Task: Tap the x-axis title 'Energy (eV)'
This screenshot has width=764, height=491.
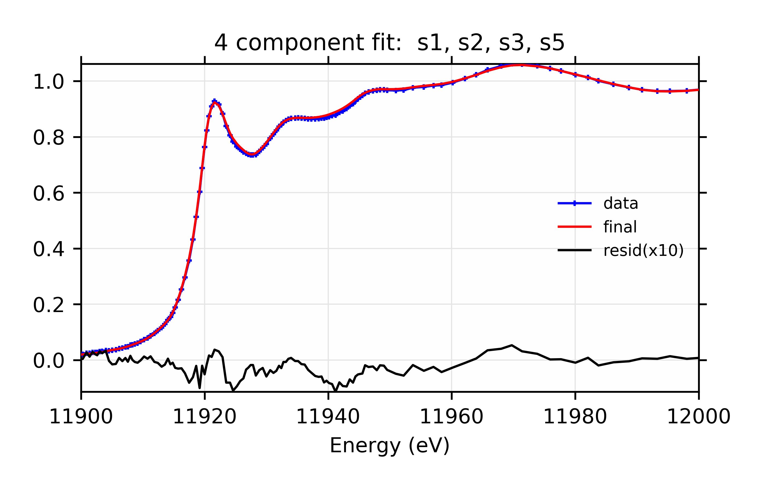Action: tap(389, 445)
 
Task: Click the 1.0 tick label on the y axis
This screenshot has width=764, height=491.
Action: tap(49, 82)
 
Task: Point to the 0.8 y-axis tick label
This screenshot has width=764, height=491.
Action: tap(49, 138)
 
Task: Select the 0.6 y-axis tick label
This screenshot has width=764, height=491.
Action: tap(49, 193)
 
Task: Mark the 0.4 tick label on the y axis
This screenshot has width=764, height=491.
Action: tap(49, 249)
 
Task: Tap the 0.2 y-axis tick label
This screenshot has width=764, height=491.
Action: tap(49, 305)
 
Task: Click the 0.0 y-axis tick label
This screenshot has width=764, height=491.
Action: tap(49, 361)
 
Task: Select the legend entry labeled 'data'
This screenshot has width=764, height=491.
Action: tap(620, 203)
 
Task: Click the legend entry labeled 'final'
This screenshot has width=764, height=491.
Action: tap(620, 227)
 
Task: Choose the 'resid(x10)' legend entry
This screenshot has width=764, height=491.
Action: tap(643, 251)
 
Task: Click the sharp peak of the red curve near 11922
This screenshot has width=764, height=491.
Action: tap(214, 101)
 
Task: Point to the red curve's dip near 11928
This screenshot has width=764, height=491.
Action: tap(252, 155)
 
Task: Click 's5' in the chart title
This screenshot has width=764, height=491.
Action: tap(552, 43)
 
